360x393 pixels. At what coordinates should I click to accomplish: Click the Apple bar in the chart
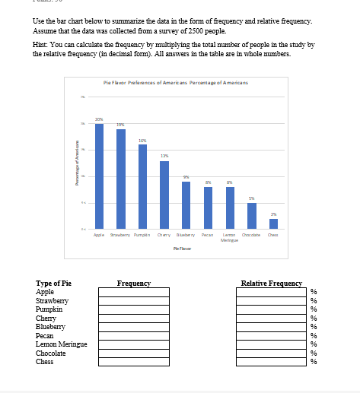[99, 176]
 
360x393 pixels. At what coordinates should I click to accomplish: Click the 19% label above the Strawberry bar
[121, 124]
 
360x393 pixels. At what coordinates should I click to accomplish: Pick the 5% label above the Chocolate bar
[252, 198]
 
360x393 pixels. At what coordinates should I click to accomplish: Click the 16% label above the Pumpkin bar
[142, 140]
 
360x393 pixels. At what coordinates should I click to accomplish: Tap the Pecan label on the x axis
[208, 236]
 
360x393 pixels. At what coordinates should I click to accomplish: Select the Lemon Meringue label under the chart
[230, 238]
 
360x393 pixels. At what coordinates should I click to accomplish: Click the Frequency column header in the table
[134, 284]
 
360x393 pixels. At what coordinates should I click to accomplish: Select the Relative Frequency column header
[271, 284]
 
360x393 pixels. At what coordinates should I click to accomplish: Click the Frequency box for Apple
[133, 292]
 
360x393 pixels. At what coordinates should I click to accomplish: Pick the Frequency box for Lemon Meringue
[133, 344]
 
